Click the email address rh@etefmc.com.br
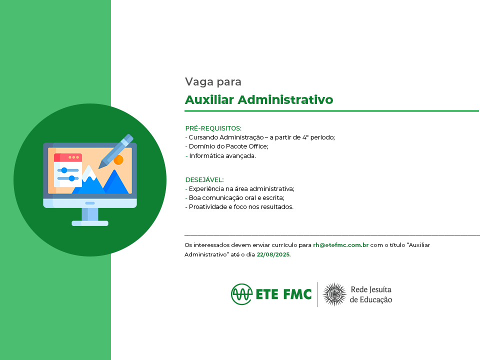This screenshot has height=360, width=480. [340, 245]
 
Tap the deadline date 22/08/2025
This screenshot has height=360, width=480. [273, 254]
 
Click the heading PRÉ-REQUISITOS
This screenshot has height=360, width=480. [213, 128]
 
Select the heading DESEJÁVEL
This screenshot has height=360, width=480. [204, 179]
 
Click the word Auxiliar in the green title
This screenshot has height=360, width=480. [209, 100]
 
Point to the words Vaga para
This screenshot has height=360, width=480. [213, 81]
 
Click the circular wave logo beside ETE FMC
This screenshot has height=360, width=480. [241, 294]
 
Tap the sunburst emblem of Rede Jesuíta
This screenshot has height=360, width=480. [334, 294]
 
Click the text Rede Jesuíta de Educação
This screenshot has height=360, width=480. [371, 294]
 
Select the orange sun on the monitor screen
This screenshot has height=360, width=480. [118, 160]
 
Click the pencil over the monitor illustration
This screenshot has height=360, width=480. [115, 151]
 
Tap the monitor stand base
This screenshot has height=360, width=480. [90, 223]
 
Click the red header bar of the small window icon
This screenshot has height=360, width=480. [68, 157]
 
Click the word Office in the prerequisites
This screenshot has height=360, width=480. [258, 146]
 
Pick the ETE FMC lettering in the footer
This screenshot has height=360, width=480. [283, 294]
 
